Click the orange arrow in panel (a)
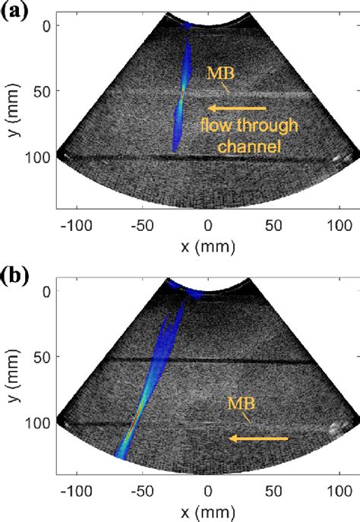click(x=238, y=108)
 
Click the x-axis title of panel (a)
click(x=207, y=245)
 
